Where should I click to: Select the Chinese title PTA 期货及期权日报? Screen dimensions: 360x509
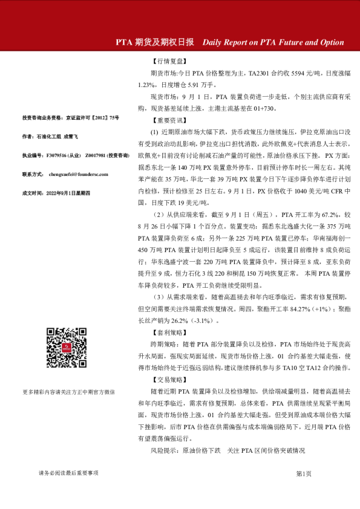coord(155,43)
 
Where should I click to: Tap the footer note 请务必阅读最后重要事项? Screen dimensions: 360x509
coord(68,473)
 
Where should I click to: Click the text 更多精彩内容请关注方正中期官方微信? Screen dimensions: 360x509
coord(68,392)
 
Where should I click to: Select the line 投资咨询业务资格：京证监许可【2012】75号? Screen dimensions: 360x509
coord(71,118)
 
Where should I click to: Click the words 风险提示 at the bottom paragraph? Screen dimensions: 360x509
coord(162,451)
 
